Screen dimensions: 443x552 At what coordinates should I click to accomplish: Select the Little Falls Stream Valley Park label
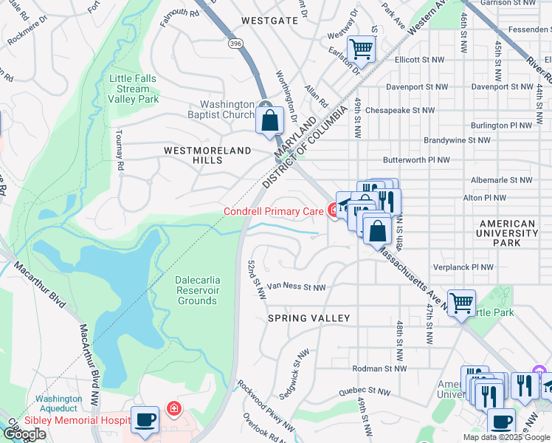click(134, 89)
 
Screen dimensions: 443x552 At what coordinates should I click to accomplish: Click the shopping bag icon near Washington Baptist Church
click(271, 120)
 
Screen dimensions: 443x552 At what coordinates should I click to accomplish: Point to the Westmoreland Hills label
click(203, 150)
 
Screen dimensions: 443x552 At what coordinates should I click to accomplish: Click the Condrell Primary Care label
click(273, 212)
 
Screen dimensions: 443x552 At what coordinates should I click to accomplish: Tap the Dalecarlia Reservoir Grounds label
click(196, 290)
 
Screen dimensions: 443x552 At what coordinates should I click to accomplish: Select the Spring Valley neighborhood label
click(308, 318)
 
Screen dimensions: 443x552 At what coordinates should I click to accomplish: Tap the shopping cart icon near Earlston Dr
click(361, 49)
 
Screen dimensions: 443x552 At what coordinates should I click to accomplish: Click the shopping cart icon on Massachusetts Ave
click(461, 302)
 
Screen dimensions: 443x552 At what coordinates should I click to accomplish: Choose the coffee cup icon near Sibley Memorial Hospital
click(145, 420)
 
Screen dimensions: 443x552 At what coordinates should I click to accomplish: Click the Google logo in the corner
click(25, 435)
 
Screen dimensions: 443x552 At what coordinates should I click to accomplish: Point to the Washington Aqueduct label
click(58, 403)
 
